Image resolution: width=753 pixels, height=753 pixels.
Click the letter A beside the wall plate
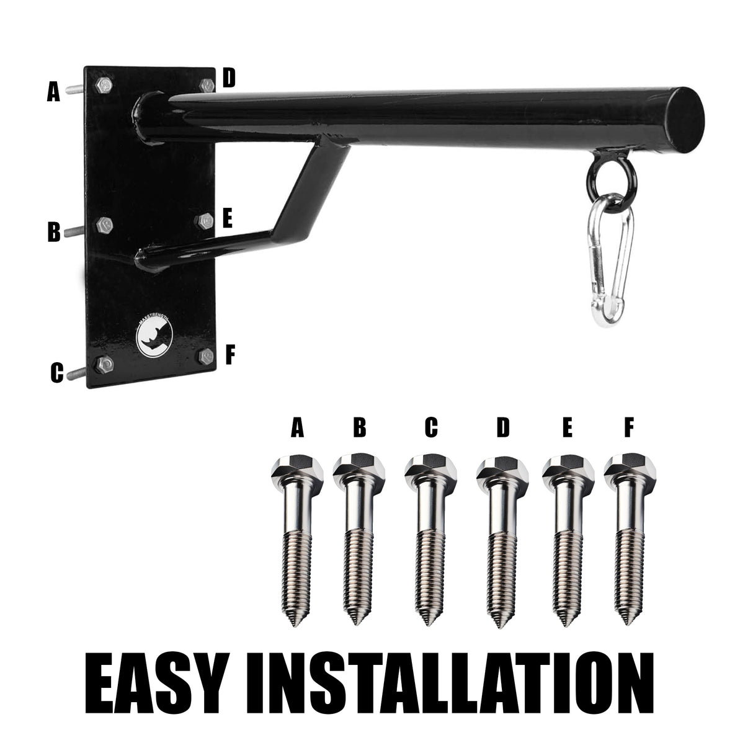[53, 92]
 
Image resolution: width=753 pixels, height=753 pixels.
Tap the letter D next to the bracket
[229, 78]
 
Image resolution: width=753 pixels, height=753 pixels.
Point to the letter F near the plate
[229, 355]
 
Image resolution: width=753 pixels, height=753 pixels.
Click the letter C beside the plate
[57, 373]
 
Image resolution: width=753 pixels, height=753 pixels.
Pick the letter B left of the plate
[54, 232]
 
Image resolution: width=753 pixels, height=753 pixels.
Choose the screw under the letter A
[296, 539]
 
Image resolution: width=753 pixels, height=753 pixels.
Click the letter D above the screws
[503, 427]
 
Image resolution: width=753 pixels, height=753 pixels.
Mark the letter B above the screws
[360, 427]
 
